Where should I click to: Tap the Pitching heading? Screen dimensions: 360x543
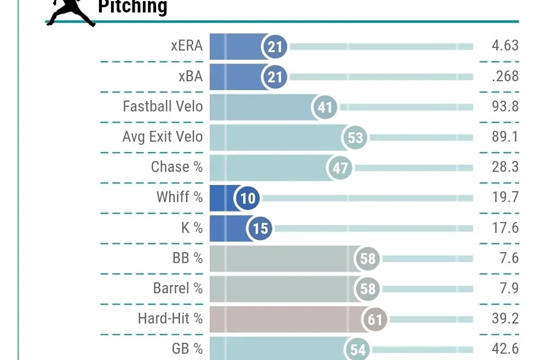point(133,7)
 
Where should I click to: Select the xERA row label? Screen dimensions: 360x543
point(187,46)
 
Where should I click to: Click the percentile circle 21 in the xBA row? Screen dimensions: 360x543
point(275,76)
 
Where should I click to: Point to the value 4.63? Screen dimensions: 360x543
point(505,46)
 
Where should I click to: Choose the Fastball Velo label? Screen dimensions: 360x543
point(163,106)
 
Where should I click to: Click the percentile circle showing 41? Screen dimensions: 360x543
point(325,107)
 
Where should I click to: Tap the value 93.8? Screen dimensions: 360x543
point(505,106)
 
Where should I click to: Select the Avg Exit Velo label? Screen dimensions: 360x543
point(162,137)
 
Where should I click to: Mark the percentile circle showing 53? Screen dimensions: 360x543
point(355,138)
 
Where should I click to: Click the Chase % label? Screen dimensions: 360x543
point(176,167)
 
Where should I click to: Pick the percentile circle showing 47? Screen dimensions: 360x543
point(340,168)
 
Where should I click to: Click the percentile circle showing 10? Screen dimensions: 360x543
point(248,198)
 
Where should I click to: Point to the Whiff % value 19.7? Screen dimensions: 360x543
point(505,198)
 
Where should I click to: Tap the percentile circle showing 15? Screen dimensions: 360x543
point(260,229)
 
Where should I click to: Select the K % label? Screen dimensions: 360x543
point(188,228)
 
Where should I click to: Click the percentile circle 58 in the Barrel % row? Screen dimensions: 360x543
point(368,289)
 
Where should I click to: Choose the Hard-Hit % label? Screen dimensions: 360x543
point(170,319)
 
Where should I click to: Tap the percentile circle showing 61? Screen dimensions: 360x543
point(375,320)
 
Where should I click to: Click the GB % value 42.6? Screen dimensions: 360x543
point(505,349)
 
